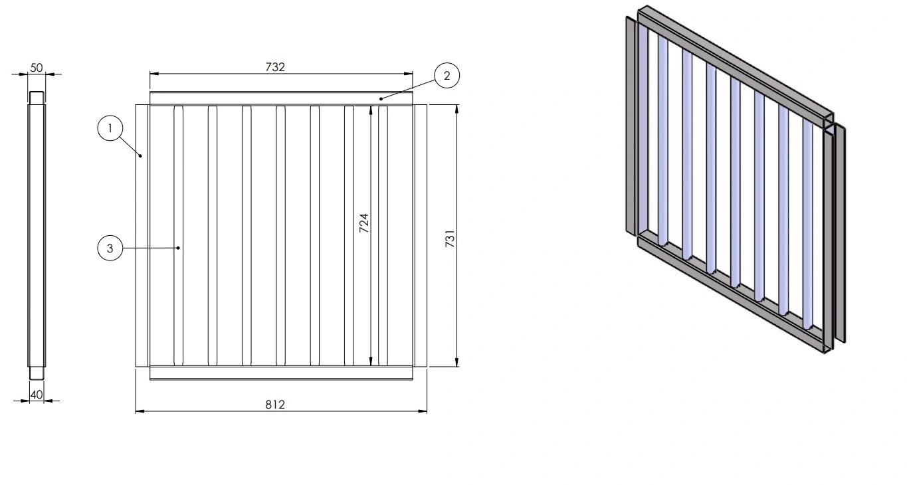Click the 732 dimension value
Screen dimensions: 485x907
pyautogui.click(x=275, y=67)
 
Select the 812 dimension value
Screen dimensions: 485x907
pyautogui.click(x=275, y=404)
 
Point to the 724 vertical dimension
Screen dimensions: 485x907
pyautogui.click(x=364, y=223)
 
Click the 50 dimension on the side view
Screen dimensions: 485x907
pyautogui.click(x=37, y=68)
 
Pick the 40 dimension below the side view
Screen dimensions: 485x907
pyautogui.click(x=37, y=395)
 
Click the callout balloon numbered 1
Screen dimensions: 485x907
pyautogui.click(x=110, y=128)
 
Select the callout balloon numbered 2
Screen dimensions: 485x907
pyautogui.click(x=447, y=76)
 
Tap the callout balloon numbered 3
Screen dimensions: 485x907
pyautogui.click(x=110, y=249)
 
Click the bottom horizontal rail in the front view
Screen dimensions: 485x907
pyautogui.click(x=281, y=373)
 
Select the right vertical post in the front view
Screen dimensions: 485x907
pyautogui.click(x=420, y=235)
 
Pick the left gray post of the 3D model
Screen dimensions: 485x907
pyautogui.click(x=631, y=126)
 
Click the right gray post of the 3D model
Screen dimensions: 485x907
pyautogui.click(x=839, y=233)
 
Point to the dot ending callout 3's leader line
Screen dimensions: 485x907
pyautogui.click(x=179, y=248)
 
